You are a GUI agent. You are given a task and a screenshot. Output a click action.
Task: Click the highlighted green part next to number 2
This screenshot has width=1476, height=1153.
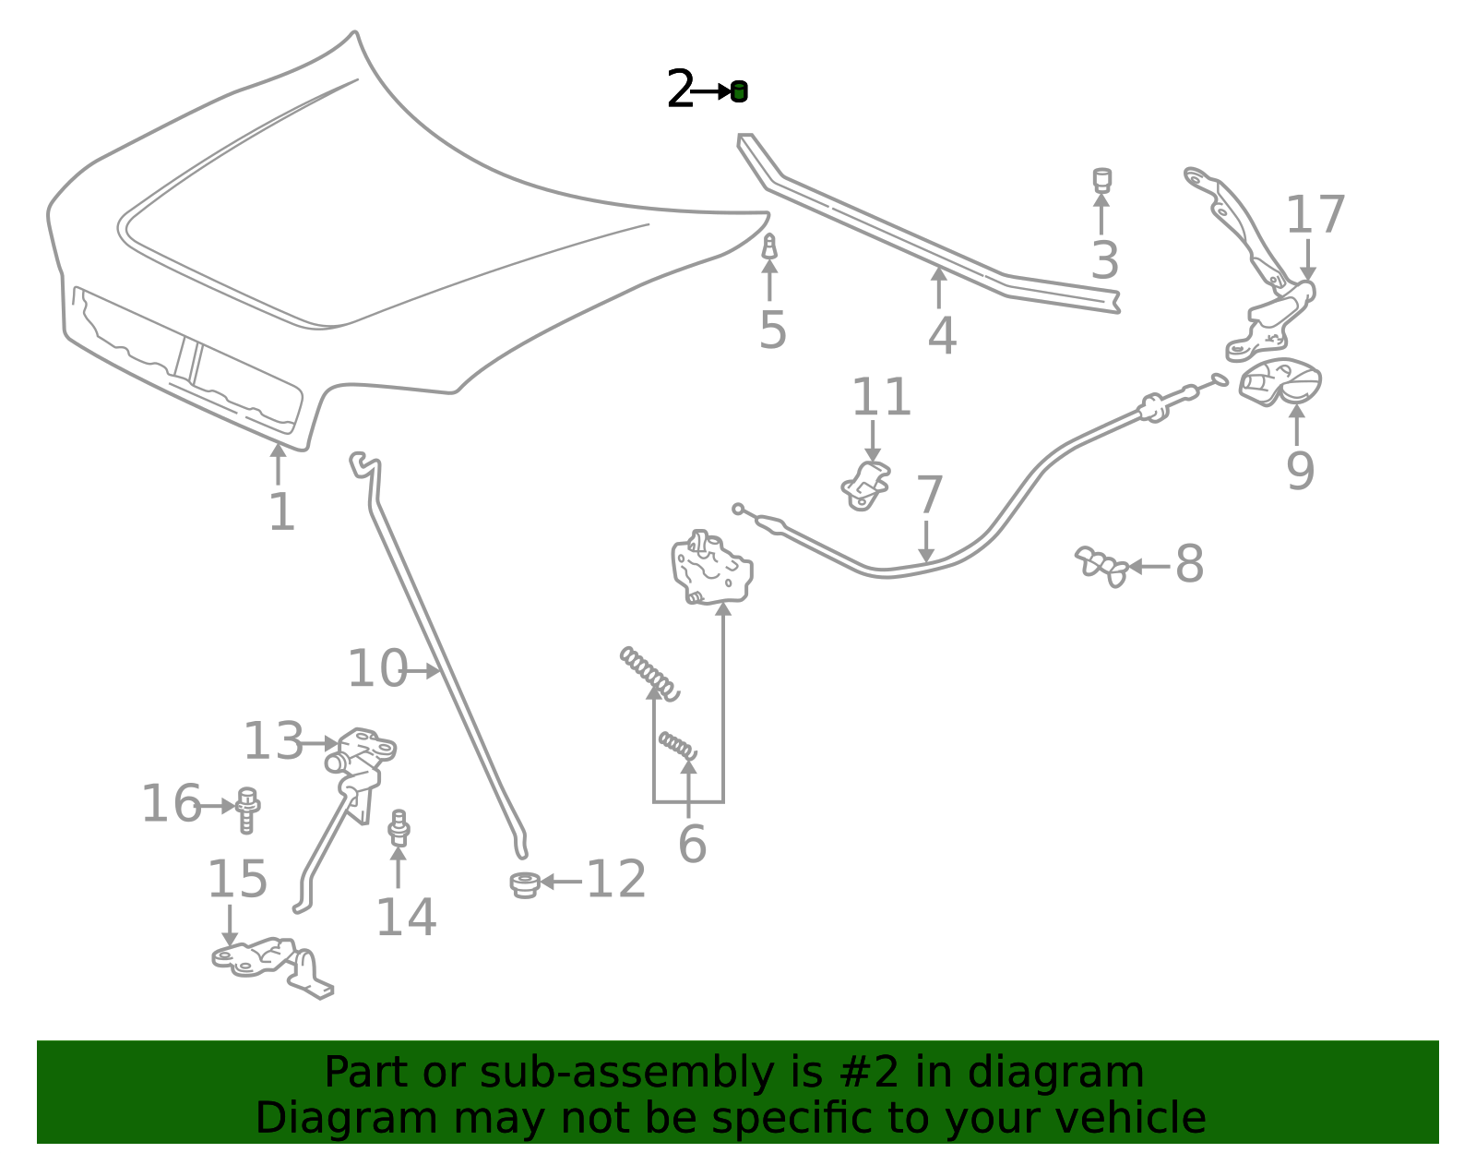pos(739,91)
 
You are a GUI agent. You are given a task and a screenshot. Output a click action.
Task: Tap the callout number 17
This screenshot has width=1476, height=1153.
pos(1315,215)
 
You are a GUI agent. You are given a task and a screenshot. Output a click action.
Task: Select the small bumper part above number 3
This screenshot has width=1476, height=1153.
pos(1101,179)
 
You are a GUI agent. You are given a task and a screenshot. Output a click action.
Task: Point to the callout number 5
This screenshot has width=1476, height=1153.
pos(773,330)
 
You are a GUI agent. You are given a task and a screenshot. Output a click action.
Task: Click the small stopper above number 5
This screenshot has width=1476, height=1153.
pos(769,246)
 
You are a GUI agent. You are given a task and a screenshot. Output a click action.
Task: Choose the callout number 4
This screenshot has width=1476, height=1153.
pos(942,336)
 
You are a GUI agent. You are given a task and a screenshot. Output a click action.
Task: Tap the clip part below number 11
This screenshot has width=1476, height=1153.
pos(865,486)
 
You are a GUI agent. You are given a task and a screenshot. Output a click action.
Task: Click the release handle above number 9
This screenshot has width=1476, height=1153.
pos(1280,382)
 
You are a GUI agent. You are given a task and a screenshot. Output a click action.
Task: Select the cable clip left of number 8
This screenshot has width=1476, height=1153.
pos(1101,566)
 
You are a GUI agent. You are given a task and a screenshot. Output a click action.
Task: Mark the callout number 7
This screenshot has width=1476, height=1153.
pos(929,494)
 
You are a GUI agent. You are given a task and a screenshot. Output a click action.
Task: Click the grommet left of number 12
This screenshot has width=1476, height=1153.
pos(525,884)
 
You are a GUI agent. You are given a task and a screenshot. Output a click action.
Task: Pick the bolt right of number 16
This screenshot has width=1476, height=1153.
pos(247,810)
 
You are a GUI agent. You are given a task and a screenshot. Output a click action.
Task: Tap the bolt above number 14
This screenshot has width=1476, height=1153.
pos(399,827)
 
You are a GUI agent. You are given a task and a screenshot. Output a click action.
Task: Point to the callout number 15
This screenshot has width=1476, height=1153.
pos(237,878)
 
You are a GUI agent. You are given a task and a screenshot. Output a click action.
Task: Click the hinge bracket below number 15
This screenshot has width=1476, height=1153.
pos(272,967)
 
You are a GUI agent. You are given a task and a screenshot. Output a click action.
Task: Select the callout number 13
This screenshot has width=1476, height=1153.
pos(273,740)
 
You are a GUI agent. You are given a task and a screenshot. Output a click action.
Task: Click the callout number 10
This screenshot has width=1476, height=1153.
pos(377,668)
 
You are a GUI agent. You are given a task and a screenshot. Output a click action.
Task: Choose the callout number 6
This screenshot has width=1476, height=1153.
pos(692,845)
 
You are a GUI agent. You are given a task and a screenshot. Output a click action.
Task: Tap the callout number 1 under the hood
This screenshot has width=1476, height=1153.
pos(282,512)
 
